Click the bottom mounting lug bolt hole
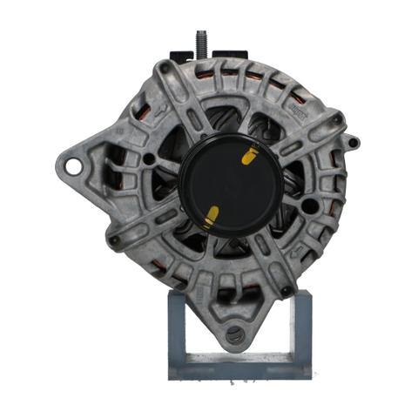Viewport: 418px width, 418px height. click(233, 334)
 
